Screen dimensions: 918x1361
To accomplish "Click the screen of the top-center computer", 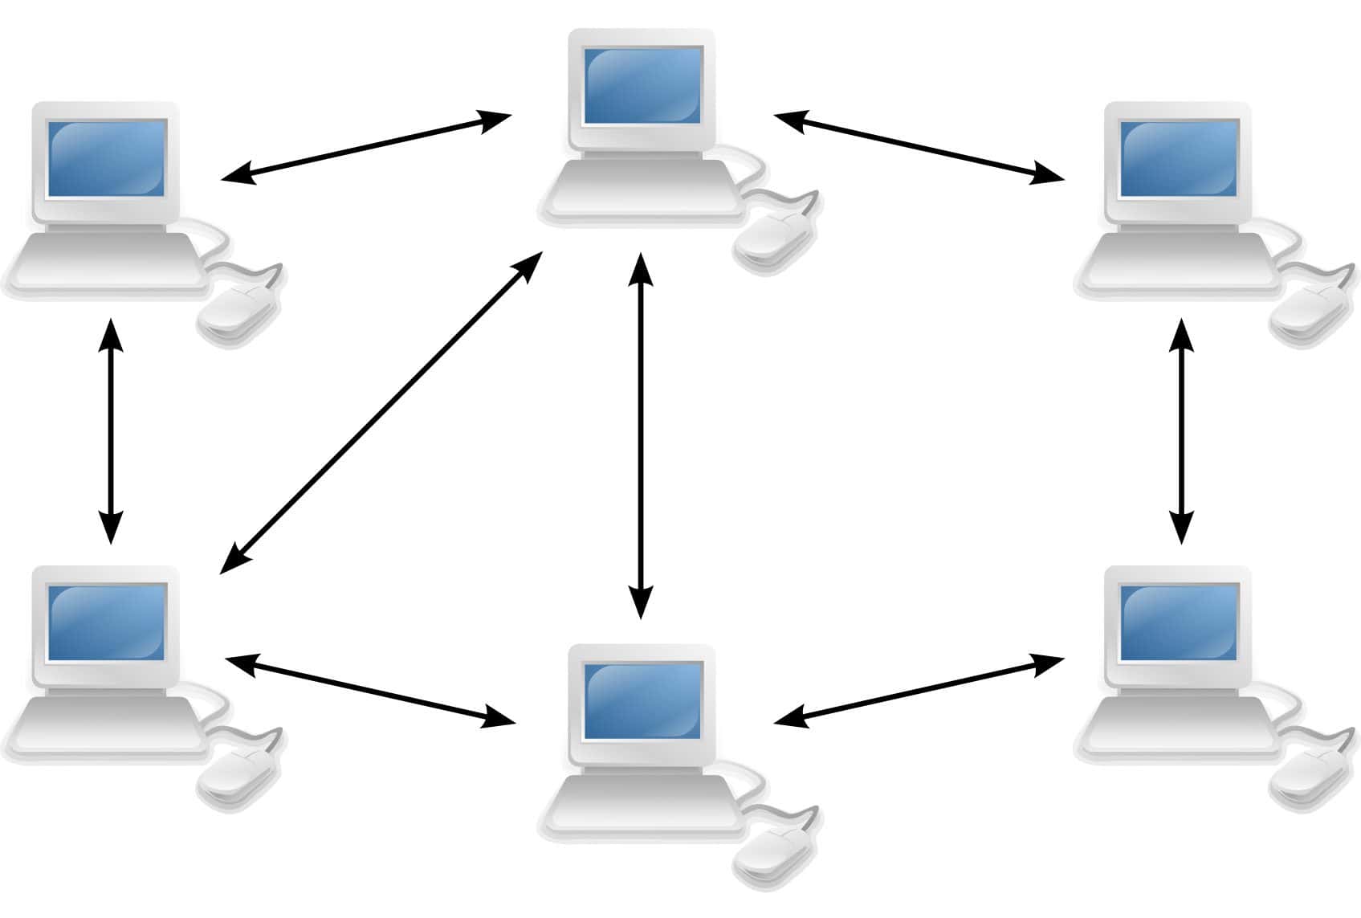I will click(x=642, y=87).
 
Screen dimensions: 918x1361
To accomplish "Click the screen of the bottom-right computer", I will click(x=1179, y=623).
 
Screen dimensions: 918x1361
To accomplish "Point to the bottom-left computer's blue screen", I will click(x=107, y=623).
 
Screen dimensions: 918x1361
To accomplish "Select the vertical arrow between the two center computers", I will click(x=640, y=438).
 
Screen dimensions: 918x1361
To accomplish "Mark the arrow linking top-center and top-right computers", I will click(x=919, y=149).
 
